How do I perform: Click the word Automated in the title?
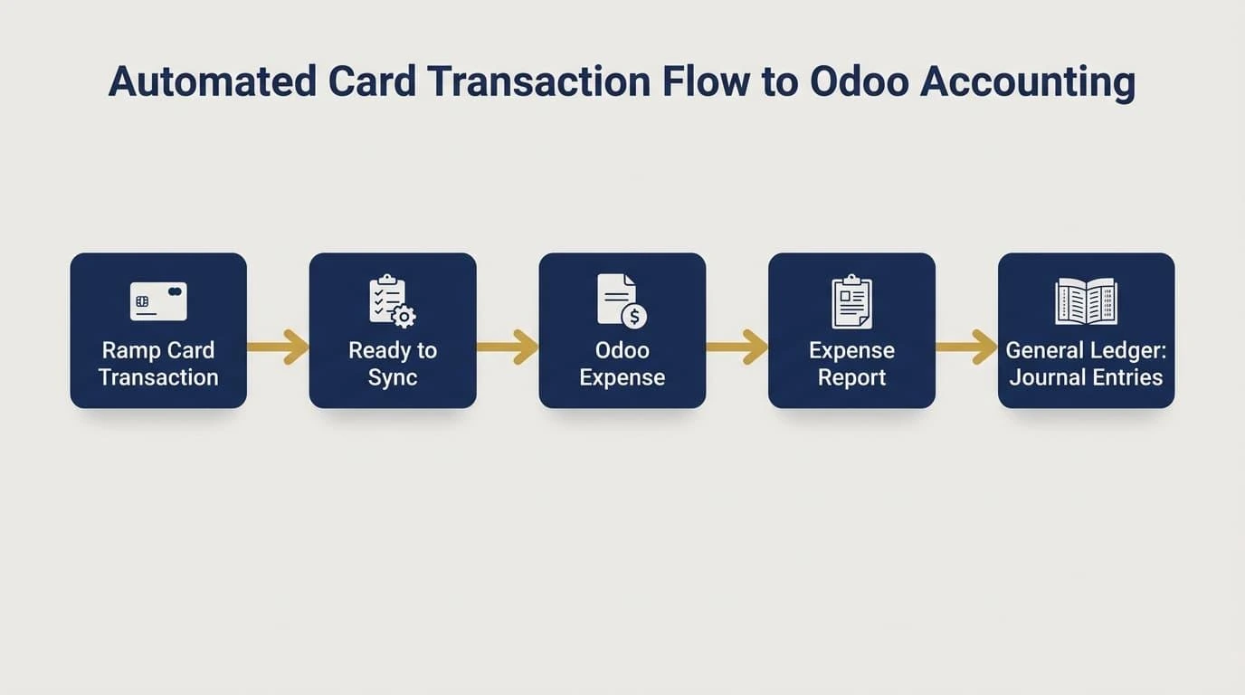coord(213,81)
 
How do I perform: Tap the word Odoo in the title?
coord(860,81)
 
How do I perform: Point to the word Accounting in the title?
coord(1028,83)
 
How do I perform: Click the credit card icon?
coord(158,301)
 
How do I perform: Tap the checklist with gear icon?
coord(393,300)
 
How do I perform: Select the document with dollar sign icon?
coord(622,300)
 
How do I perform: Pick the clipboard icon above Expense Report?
coord(851,301)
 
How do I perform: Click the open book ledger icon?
coord(1086,301)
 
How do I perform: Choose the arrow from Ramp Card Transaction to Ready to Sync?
coord(278,347)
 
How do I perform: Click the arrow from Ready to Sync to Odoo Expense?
coord(508,347)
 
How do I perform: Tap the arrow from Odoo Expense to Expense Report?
coord(737,347)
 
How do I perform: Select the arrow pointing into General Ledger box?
coord(966,347)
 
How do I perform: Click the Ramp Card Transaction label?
coord(158,364)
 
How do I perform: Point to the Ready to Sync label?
coord(393,364)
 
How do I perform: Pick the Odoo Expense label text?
coord(622,364)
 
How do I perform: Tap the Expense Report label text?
coord(851,364)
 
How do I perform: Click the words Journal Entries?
coord(1086,377)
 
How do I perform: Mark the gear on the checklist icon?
coord(404,317)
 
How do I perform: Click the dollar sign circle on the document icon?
coord(634,317)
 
